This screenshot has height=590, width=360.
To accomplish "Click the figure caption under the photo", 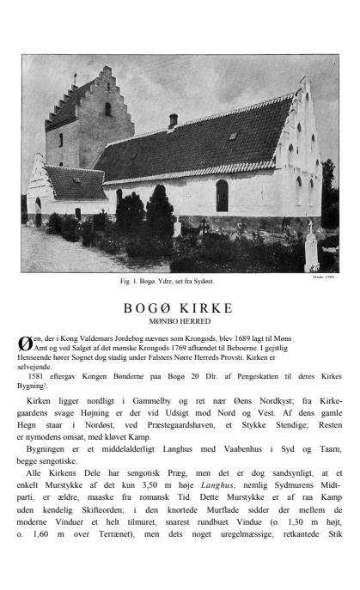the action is click(180, 281).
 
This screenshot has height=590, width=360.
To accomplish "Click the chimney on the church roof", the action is click(173, 119).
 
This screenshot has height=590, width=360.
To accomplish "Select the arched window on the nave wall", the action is click(222, 195).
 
